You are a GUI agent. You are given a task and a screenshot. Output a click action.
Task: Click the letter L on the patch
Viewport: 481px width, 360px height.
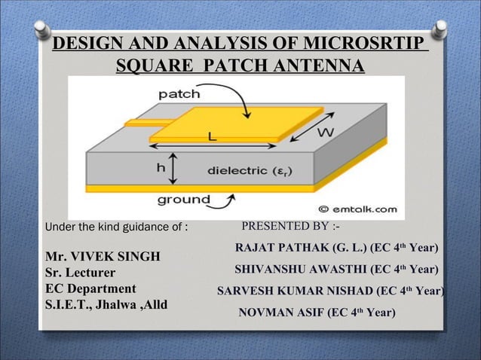213,136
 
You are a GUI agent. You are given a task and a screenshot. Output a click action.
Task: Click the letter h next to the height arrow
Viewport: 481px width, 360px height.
160,169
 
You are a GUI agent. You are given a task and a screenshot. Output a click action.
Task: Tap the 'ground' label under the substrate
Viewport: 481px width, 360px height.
183,200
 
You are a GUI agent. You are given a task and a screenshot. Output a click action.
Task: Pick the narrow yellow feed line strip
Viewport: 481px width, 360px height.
138,121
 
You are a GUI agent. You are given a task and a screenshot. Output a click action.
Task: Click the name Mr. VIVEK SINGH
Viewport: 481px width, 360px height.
103,257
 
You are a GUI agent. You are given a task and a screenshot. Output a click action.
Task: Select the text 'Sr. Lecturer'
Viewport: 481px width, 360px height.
81,273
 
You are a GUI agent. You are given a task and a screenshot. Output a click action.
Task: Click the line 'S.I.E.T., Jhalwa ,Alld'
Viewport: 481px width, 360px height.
106,305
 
